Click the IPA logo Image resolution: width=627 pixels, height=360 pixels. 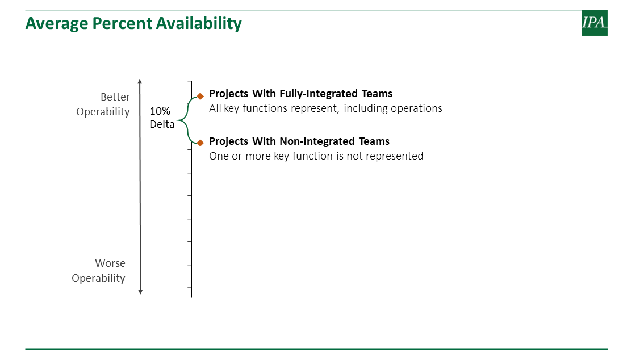pos(594,23)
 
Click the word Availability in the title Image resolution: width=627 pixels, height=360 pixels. pos(199,24)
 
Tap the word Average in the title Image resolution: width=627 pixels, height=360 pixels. pos(57,24)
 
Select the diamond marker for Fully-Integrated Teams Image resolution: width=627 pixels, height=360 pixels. pos(200,96)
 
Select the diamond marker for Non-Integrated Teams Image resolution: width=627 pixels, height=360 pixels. pos(200,143)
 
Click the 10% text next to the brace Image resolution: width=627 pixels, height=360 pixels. pos(160,111)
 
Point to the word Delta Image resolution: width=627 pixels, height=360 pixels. pos(162,124)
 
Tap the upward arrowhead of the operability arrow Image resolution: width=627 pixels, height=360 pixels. pos(140,82)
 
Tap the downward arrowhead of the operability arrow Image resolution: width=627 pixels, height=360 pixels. pos(140,292)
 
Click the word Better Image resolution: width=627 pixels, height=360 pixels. pos(115,97)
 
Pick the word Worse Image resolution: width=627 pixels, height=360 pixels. pos(110,263)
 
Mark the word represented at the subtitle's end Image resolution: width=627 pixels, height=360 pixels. pos(394,156)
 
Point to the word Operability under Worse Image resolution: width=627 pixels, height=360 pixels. pos(98,278)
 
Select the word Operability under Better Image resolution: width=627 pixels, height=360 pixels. pos(103,112)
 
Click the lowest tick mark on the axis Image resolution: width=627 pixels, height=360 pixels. pos(190,287)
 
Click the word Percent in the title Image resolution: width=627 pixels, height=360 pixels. pos(122,24)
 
